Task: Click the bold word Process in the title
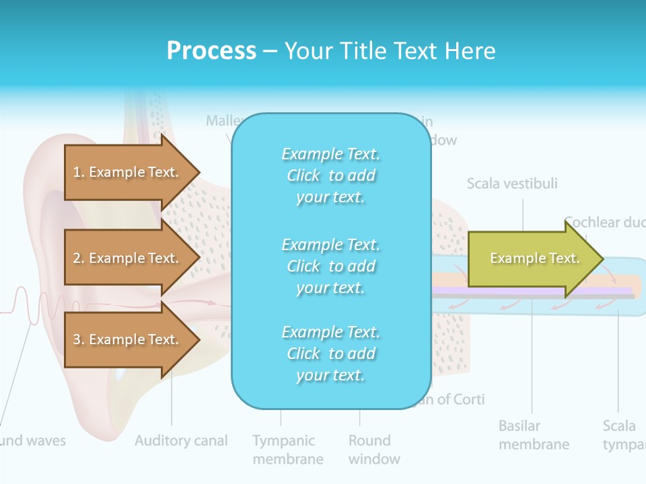coord(211,50)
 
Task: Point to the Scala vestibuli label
coord(512,184)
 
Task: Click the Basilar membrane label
coord(534,435)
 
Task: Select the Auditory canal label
coord(181,441)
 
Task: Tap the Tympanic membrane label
coord(287,450)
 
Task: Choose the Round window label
coord(374,450)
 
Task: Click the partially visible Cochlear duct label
coord(604,223)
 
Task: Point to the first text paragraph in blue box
coord(330,175)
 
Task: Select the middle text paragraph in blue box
coord(330,266)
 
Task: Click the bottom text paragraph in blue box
coord(330,354)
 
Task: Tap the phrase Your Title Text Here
coord(390,50)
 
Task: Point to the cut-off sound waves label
coord(33,441)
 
